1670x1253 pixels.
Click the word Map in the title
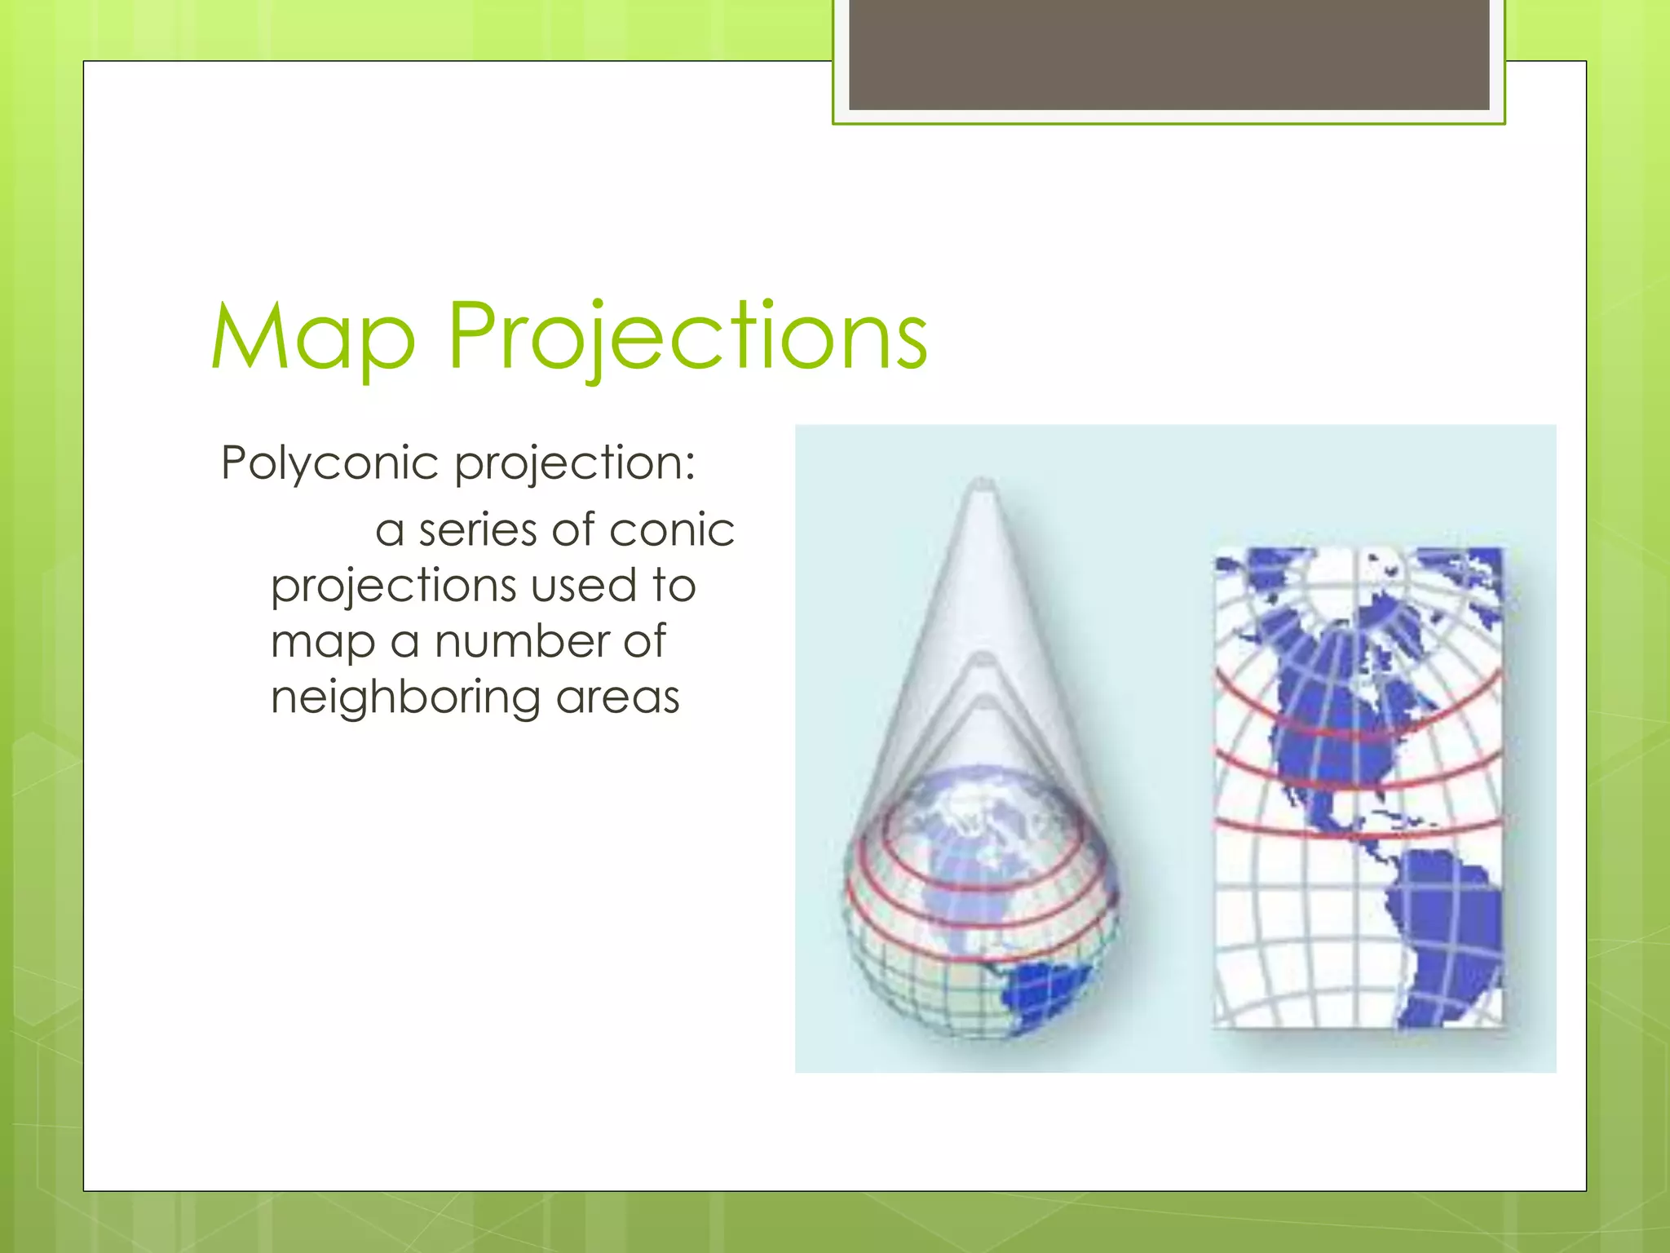[313, 336]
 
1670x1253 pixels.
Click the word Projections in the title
[687, 336]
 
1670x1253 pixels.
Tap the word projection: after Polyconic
[575, 463]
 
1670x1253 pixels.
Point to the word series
[479, 530]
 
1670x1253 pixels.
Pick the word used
[583, 586]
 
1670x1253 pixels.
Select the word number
[522, 641]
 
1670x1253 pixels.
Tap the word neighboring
[405, 698]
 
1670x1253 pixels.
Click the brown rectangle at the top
[1169, 54]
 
